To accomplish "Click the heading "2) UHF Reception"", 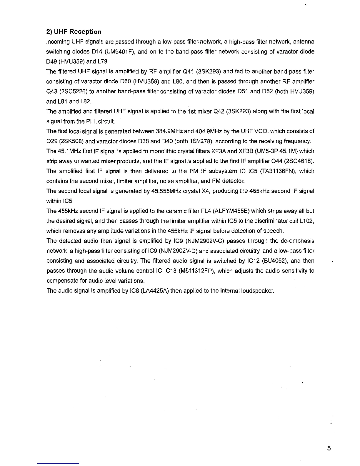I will pos(74,32).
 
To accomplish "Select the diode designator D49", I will pos(52,62).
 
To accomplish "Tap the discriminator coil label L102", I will pos(307,221).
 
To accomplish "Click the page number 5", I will pos(329,448).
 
